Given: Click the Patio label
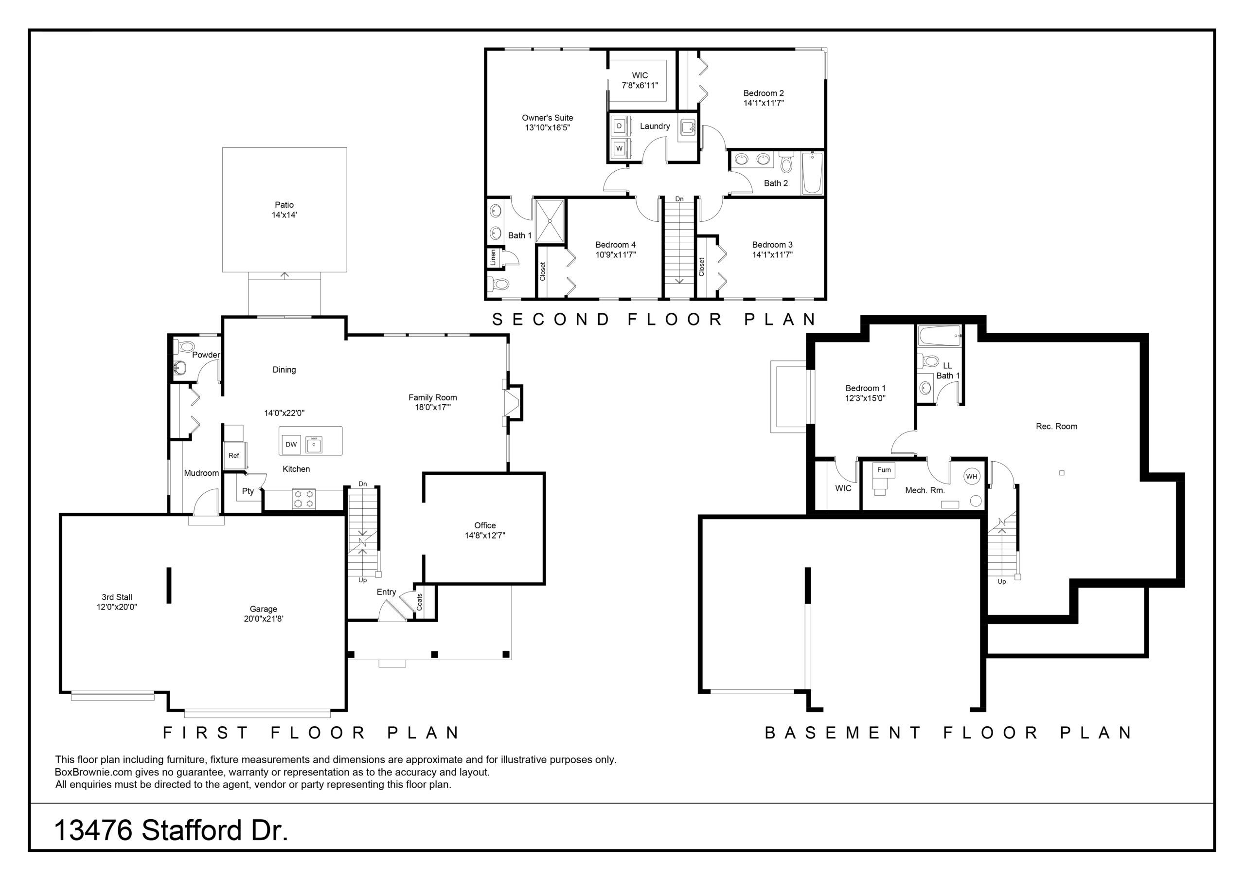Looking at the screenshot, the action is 284,204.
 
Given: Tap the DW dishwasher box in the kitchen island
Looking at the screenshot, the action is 291,444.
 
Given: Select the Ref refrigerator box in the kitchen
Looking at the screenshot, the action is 234,456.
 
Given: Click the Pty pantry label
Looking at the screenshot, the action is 248,491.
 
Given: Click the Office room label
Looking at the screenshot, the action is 485,525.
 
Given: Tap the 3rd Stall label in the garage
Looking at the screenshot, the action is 117,597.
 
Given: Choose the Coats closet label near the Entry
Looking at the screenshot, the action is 419,602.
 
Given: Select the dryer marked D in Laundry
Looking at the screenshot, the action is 619,126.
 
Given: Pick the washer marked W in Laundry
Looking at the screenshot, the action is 619,148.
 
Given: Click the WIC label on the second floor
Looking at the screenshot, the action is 640,75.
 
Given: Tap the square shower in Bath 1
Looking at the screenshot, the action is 551,220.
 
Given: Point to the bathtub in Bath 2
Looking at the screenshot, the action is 812,173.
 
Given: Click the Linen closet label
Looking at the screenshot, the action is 493,257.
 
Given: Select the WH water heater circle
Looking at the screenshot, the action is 971,477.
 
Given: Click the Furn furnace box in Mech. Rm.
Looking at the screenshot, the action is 884,470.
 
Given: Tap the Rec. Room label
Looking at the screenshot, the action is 1056,427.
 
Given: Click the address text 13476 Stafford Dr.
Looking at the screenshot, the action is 171,831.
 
